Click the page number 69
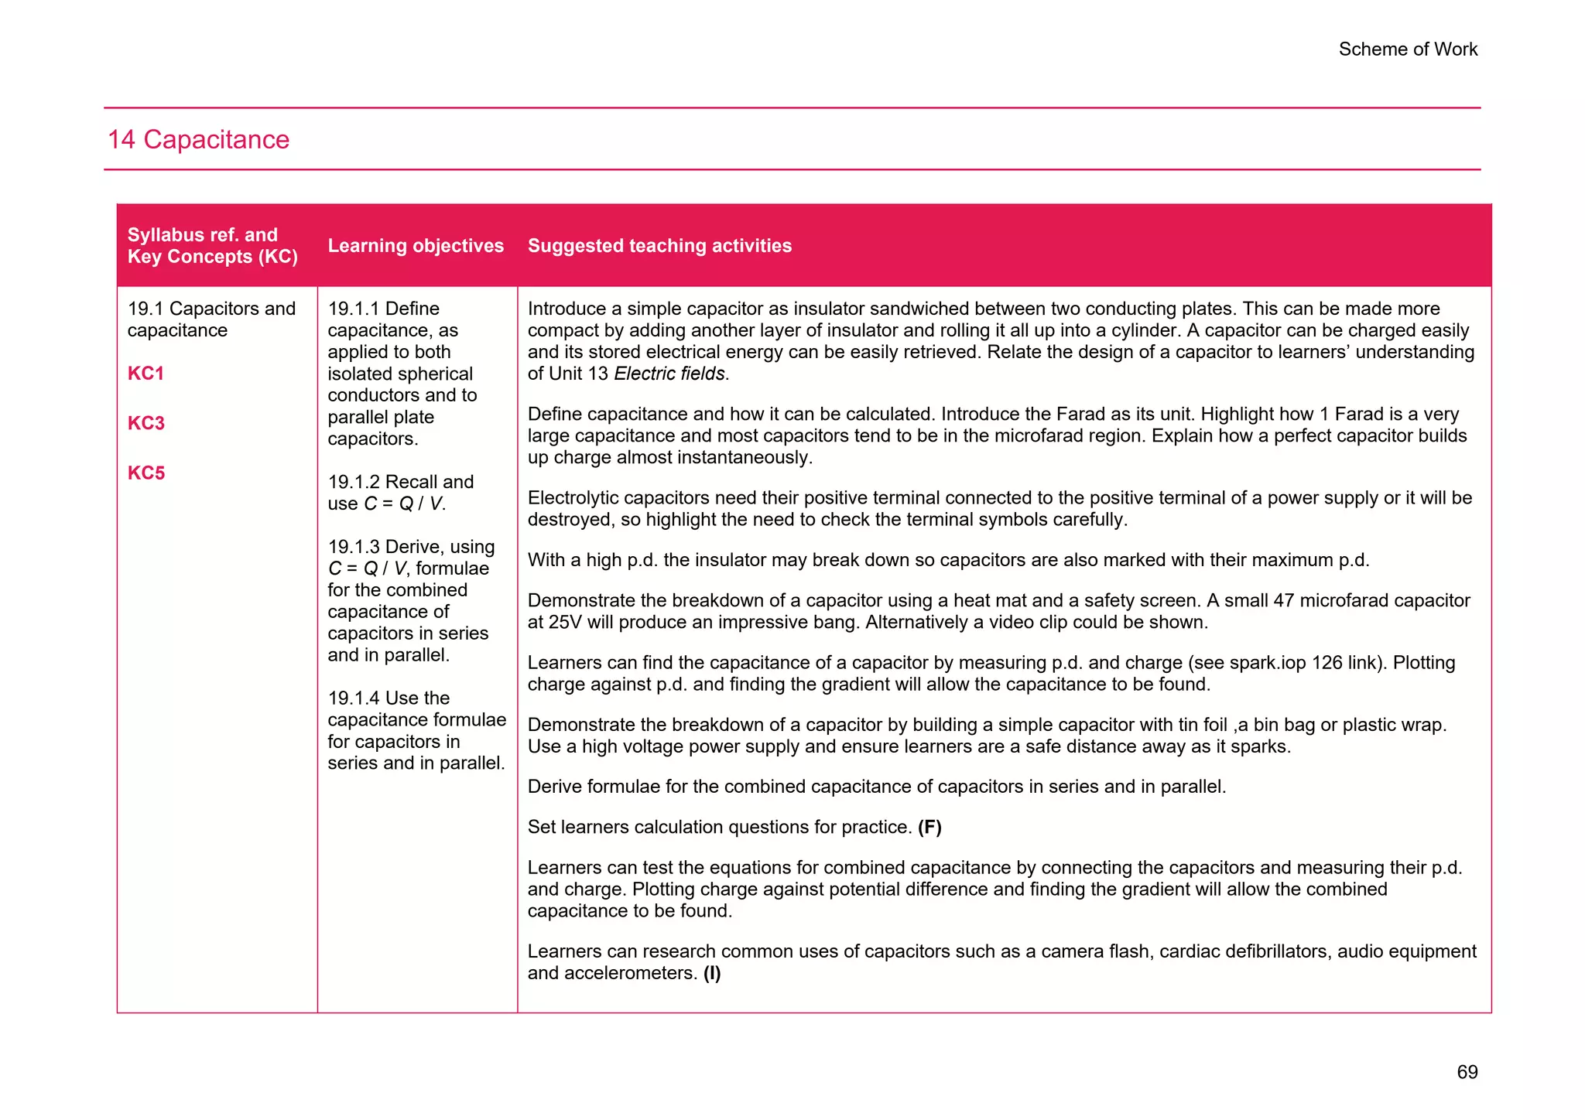1467,1072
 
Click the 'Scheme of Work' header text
1408,50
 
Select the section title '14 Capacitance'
199,140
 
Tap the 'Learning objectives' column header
416,246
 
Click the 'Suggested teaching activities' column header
659,246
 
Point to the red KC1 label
146,374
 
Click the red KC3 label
146,423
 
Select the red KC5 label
146,473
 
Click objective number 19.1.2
354,482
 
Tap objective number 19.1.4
354,698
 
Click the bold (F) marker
929,828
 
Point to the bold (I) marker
712,973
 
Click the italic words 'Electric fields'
669,374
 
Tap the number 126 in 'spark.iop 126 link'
1327,663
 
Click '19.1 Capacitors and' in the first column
211,309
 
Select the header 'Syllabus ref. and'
202,235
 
